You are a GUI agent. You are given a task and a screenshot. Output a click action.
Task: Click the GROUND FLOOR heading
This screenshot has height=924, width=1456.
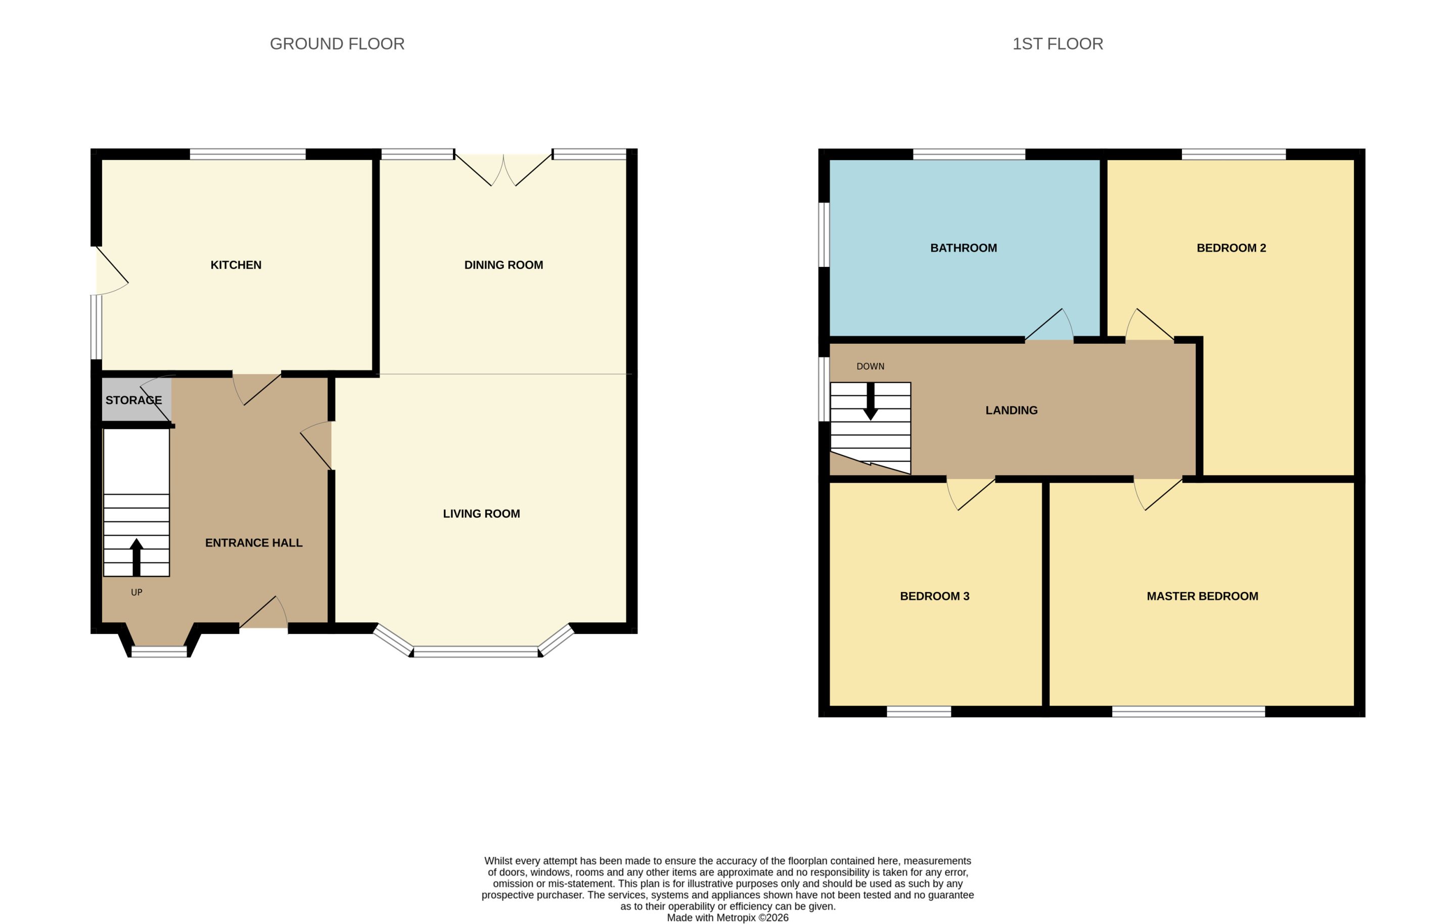point(337,43)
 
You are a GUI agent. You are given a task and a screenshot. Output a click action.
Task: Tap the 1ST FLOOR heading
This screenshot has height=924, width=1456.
point(1058,43)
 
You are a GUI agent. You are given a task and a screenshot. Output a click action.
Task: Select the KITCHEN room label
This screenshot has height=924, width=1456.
point(236,265)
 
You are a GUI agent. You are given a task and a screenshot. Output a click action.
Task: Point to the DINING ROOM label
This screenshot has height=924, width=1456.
point(504,265)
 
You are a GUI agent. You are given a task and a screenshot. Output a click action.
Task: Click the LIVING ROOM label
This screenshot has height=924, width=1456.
point(481,514)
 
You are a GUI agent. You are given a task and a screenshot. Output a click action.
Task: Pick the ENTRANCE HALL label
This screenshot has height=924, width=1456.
point(254,542)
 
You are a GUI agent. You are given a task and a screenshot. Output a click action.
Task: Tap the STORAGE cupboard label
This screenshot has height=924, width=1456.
point(133,400)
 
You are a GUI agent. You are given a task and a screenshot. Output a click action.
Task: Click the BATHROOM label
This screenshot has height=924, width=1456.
point(963,247)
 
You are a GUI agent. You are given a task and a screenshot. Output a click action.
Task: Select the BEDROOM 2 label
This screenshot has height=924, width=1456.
point(1231,247)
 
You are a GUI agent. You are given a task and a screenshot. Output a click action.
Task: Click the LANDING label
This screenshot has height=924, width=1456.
point(1011,410)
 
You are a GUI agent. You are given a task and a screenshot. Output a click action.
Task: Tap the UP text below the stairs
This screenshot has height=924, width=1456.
point(136,592)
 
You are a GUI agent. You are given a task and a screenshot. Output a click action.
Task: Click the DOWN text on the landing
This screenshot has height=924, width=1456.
point(870,366)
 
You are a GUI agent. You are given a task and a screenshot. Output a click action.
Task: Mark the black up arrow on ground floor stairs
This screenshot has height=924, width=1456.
point(136,557)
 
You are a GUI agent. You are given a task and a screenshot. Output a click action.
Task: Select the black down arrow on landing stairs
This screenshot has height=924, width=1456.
point(870,401)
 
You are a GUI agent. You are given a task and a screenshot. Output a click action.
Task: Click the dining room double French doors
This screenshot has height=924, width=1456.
point(503,170)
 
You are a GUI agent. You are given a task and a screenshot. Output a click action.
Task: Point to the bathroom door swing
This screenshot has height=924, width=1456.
point(1050,325)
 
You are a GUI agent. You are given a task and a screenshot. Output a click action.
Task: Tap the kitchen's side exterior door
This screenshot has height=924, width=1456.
point(111,270)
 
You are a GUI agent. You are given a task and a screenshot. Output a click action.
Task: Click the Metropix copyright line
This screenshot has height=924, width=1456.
point(727,917)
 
